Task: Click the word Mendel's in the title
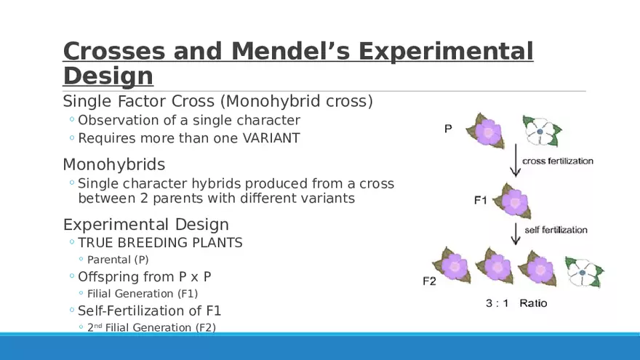(290, 51)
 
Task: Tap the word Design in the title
(108, 76)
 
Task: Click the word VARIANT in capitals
(271, 138)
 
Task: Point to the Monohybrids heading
(114, 164)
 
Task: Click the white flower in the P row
(542, 131)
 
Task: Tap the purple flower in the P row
(486, 131)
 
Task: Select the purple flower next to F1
(513, 201)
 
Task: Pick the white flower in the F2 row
(585, 272)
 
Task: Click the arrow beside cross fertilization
(516, 161)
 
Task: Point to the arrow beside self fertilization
(516, 234)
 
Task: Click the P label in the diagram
(448, 129)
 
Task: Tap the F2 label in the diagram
(429, 281)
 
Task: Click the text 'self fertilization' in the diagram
(556, 230)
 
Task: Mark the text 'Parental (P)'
(118, 260)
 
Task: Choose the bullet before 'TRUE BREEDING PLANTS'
(72, 242)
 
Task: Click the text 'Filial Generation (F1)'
(143, 294)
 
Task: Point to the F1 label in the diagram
(481, 201)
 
